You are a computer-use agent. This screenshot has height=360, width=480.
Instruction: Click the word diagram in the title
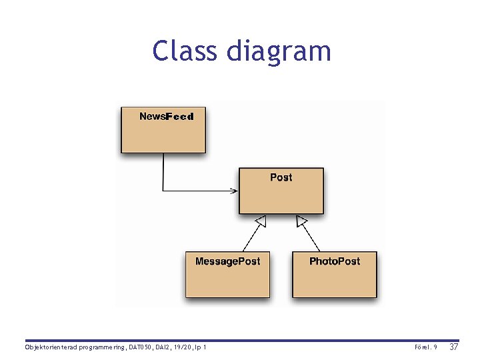(x=279, y=52)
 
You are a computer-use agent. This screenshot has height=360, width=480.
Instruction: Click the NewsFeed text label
(x=166, y=117)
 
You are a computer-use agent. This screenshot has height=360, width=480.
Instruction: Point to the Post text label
(x=281, y=177)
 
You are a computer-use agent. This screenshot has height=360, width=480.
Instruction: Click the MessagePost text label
(x=227, y=261)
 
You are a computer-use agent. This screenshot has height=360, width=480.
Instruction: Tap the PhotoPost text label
(x=335, y=261)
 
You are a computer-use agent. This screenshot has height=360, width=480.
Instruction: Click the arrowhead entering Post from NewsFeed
(x=235, y=191)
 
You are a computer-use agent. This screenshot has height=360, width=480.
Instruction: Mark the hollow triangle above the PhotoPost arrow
(x=301, y=221)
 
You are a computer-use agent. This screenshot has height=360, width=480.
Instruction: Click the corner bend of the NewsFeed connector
(x=163, y=191)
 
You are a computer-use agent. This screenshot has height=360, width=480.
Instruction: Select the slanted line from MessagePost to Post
(x=252, y=237)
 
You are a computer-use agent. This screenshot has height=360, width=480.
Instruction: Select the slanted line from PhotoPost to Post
(x=312, y=237)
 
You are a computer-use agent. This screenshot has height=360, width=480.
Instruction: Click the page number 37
(x=454, y=347)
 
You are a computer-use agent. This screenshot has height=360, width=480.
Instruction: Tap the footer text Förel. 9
(x=425, y=348)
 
